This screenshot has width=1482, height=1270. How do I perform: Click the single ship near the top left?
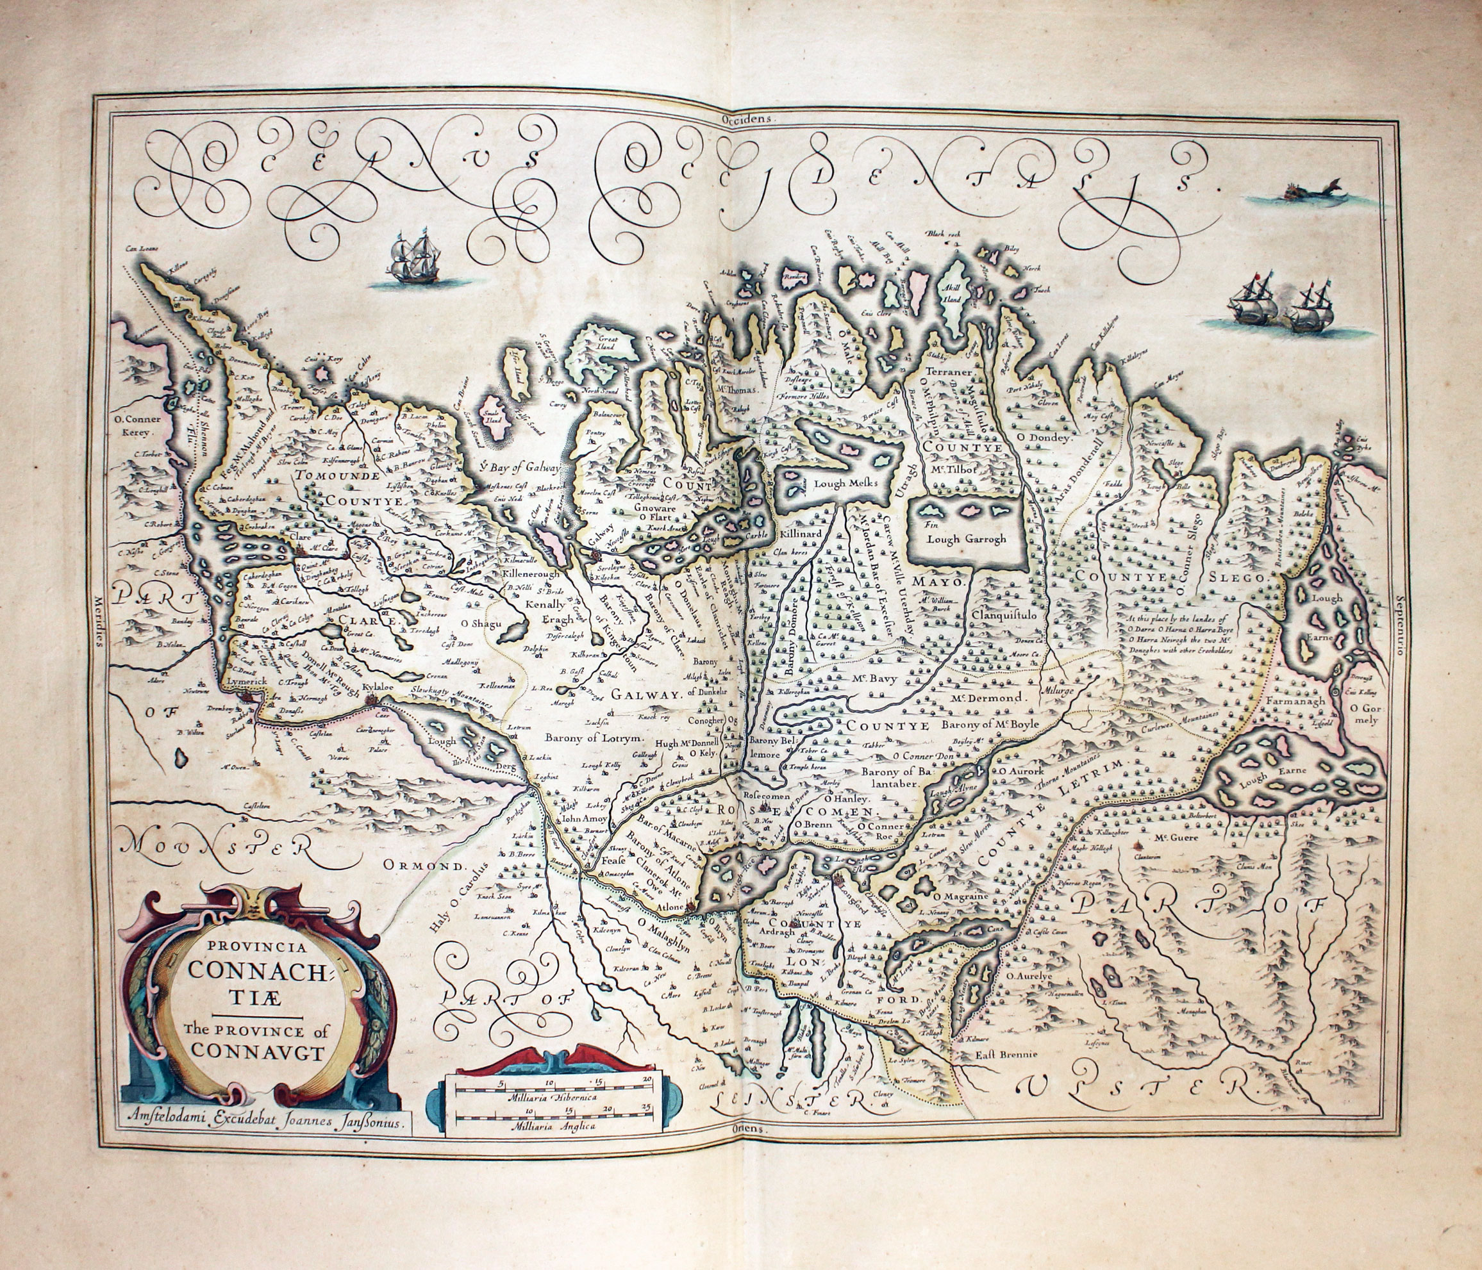click(x=414, y=259)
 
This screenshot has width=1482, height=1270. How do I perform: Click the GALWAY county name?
click(x=644, y=695)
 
